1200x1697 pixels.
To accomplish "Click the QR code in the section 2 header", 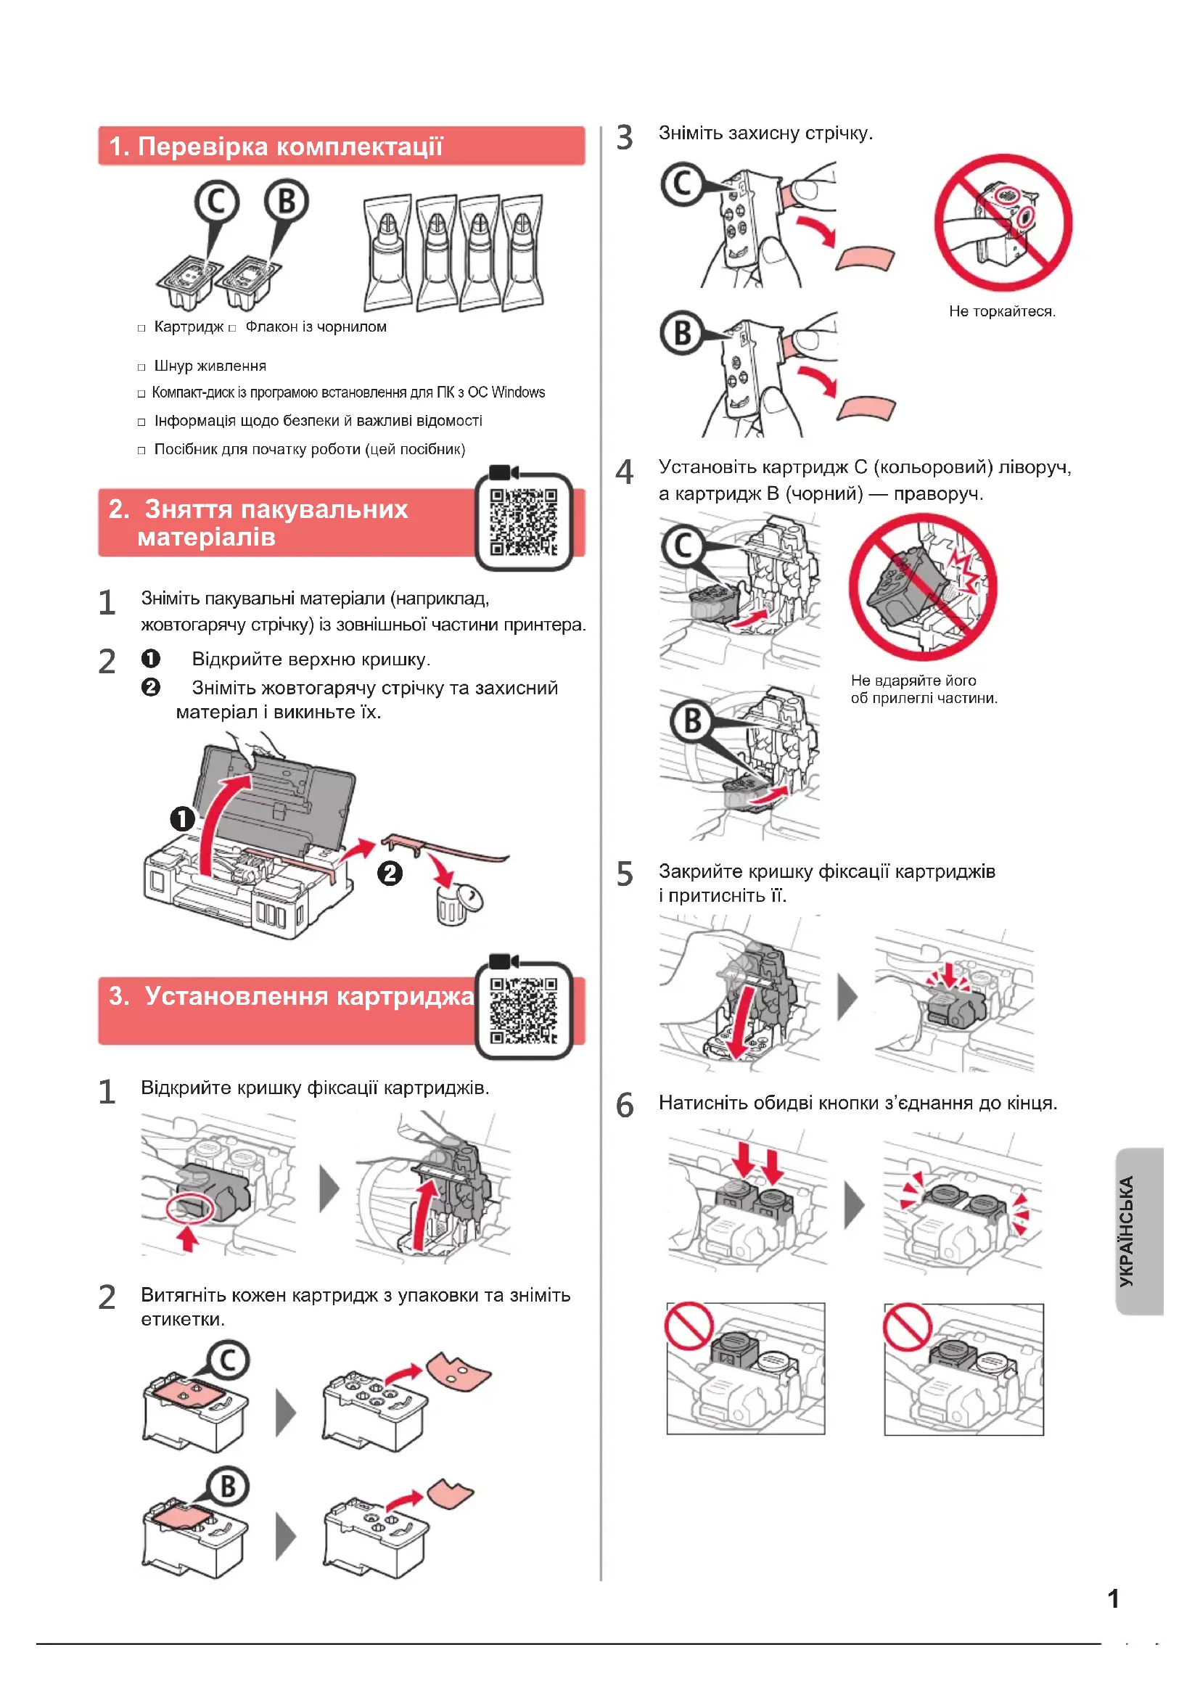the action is pyautogui.click(x=523, y=522).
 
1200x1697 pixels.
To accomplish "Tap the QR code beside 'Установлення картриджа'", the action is pyautogui.click(x=523, y=1011).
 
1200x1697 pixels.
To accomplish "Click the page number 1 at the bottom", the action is pyautogui.click(x=1113, y=1599).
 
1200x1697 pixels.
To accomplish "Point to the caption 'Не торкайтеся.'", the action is pyautogui.click(x=1002, y=311).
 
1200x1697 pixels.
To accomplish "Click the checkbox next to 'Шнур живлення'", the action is pyautogui.click(x=141, y=367).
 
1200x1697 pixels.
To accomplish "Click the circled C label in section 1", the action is pyautogui.click(x=216, y=201).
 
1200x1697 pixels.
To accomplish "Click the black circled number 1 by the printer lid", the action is pyautogui.click(x=183, y=819).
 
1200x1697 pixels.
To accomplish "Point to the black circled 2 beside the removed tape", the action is pyautogui.click(x=390, y=874).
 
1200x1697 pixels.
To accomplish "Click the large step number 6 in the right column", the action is pyautogui.click(x=625, y=1106).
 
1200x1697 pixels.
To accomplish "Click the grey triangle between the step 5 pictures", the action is pyautogui.click(x=847, y=996).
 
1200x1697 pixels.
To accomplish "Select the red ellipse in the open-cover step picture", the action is pyautogui.click(x=190, y=1209).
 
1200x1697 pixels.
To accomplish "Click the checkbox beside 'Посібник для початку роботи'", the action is pyautogui.click(x=141, y=450).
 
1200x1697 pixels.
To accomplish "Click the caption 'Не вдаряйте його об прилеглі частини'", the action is pyautogui.click(x=923, y=689).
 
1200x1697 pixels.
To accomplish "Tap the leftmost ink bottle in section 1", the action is pyautogui.click(x=387, y=253).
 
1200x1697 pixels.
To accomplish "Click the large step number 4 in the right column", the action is pyautogui.click(x=625, y=472).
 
